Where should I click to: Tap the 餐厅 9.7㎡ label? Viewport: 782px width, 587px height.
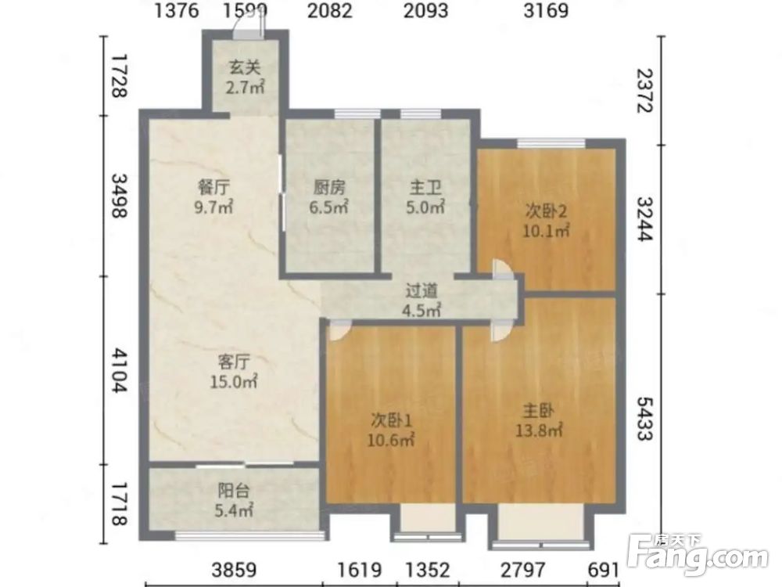click(214, 197)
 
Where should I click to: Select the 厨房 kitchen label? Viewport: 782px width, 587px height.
click(328, 197)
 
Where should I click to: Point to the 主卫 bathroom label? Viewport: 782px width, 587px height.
click(425, 197)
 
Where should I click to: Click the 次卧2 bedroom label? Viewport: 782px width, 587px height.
click(546, 221)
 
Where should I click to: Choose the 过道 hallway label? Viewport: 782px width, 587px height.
click(421, 301)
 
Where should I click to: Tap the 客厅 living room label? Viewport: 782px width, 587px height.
click(234, 371)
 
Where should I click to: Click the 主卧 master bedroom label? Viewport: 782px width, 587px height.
click(539, 421)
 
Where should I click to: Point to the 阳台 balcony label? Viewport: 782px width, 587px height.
click(234, 500)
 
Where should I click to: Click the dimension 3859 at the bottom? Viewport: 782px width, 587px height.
click(234, 570)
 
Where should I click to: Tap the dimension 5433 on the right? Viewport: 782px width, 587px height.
click(645, 419)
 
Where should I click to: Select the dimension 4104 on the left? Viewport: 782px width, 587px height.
click(120, 370)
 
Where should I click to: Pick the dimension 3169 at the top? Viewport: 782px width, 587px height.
click(546, 10)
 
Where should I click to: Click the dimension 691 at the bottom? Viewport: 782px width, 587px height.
click(604, 570)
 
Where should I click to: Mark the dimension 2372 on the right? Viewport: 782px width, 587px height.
click(645, 90)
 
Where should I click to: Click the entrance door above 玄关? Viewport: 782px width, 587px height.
click(249, 30)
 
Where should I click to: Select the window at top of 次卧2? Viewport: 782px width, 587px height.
click(551, 144)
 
